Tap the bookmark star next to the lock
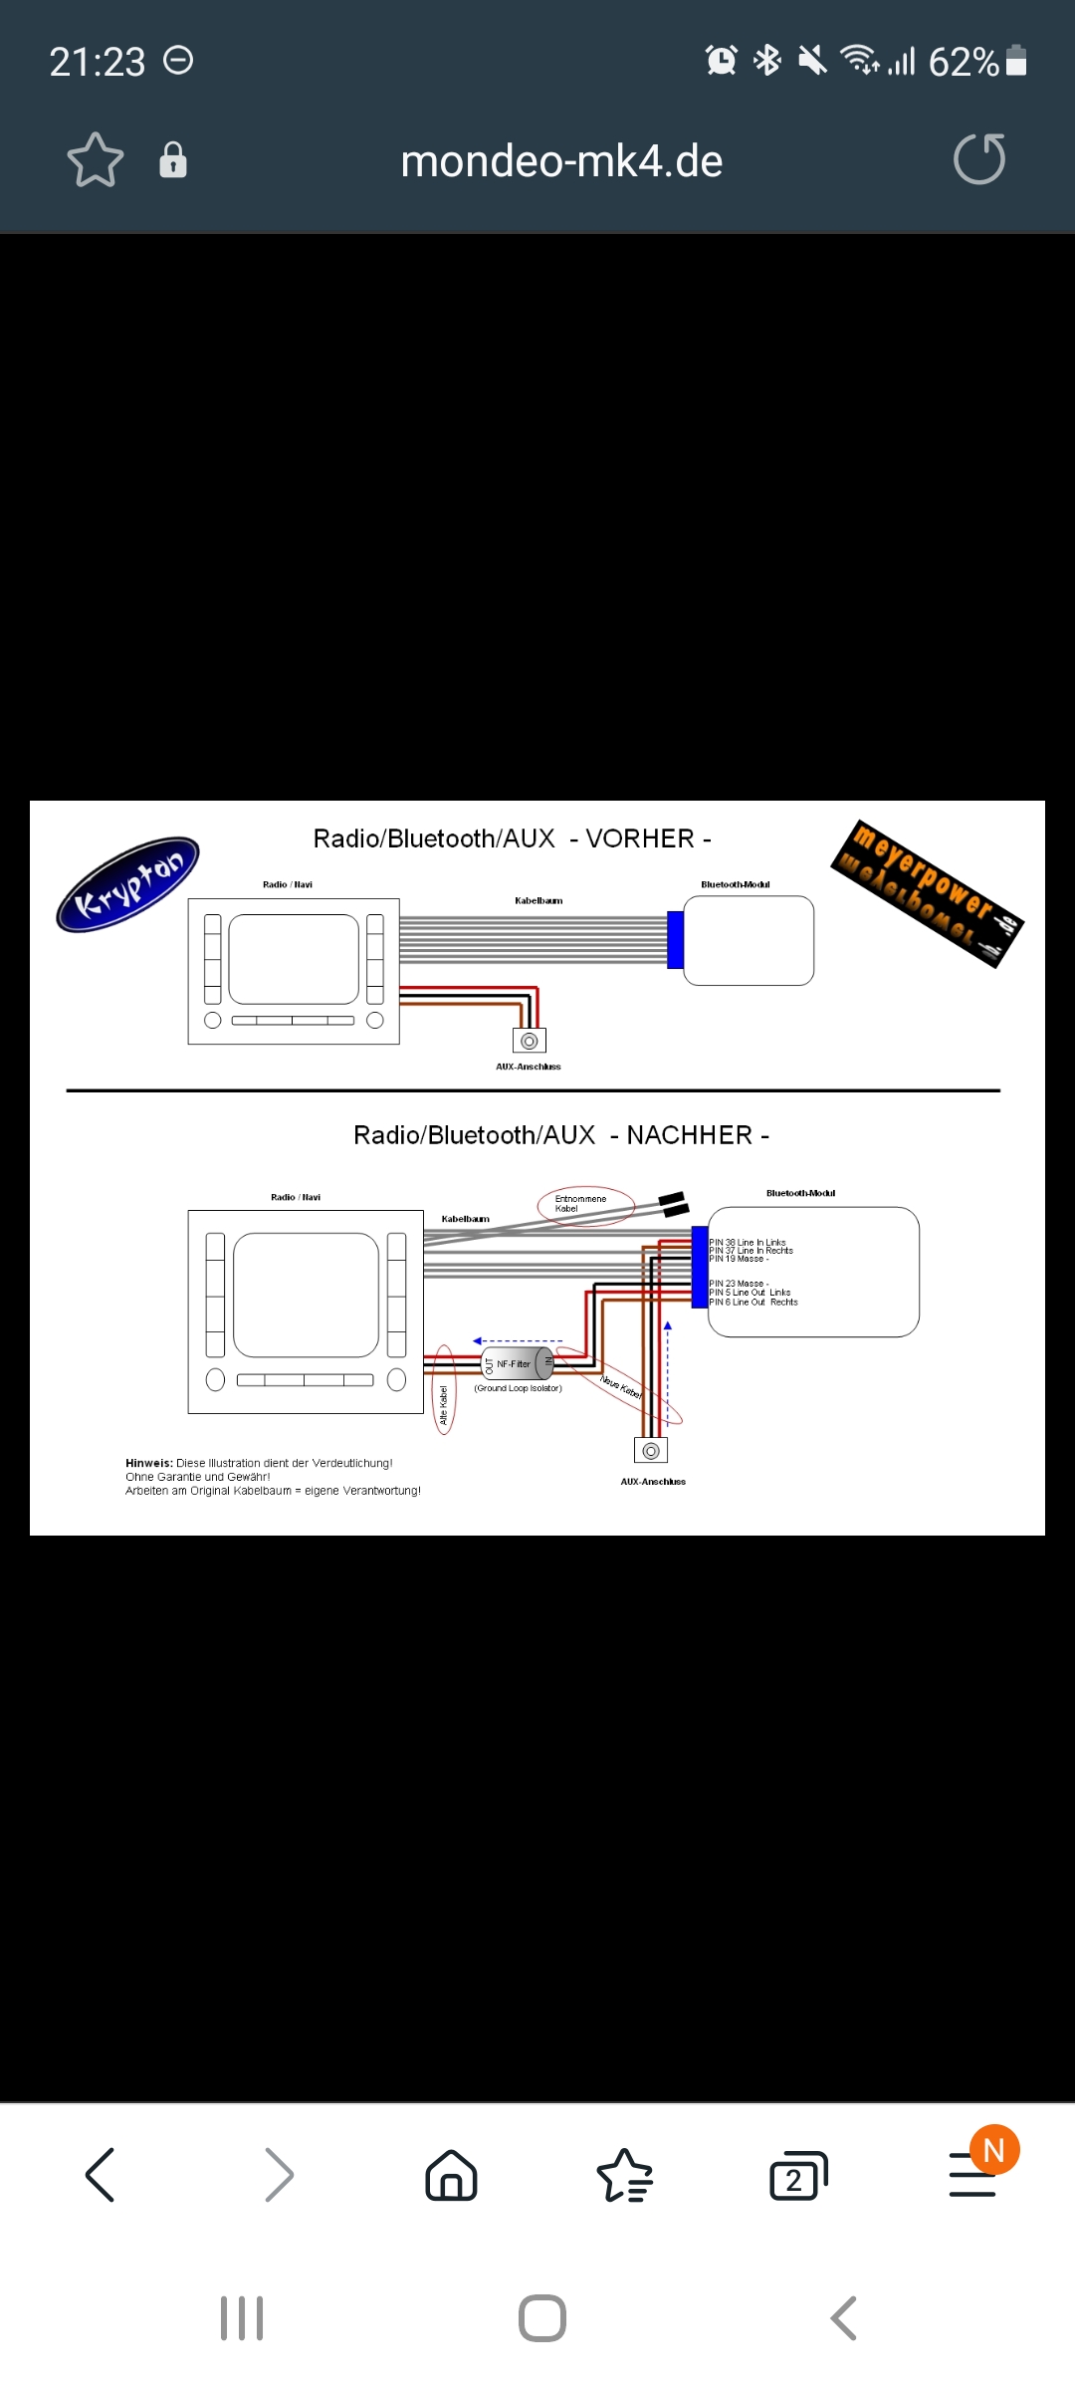[96, 160]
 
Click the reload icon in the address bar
[979, 160]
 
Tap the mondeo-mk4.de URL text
[561, 161]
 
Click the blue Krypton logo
[127, 884]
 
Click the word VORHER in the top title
[640, 838]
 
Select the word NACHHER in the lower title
[689, 1135]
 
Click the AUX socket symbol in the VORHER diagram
[530, 1041]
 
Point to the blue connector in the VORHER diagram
[675, 939]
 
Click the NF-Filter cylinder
[518, 1363]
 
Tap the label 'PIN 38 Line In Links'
[748, 1243]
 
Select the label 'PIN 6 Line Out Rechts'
[753, 1303]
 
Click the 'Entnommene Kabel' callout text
[580, 1204]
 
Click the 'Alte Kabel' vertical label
[444, 1404]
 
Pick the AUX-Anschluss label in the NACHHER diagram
[653, 1482]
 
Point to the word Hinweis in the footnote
[148, 1463]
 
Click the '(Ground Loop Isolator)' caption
[518, 1388]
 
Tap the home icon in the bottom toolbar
[451, 2175]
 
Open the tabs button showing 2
[797, 2176]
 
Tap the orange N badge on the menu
[994, 2150]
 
